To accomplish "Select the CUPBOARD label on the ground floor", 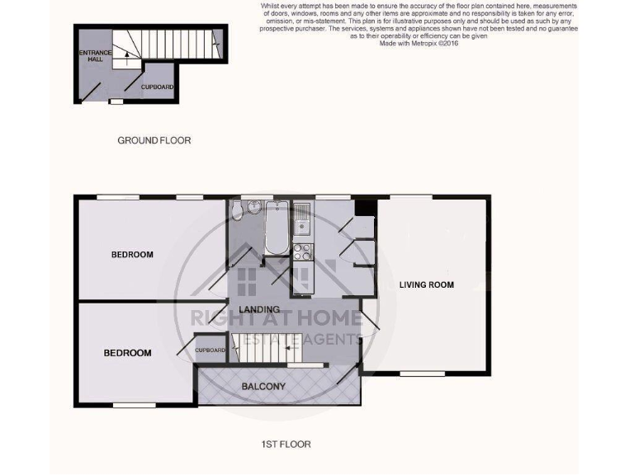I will coord(157,87).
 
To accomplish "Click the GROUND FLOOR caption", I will coord(154,141).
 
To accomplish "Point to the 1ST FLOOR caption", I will coord(286,444).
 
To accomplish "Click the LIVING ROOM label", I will coord(427,285).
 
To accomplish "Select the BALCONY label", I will coord(263,386).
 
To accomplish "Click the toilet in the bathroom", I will coord(238,214).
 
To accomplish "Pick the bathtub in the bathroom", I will coord(276,227).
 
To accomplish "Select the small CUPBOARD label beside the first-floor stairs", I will coord(211,350).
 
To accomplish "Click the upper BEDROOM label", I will coord(132,255).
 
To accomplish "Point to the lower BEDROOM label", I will coord(127,353).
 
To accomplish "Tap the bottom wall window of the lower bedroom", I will coord(135,405).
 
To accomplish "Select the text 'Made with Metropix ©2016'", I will coord(418,44).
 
